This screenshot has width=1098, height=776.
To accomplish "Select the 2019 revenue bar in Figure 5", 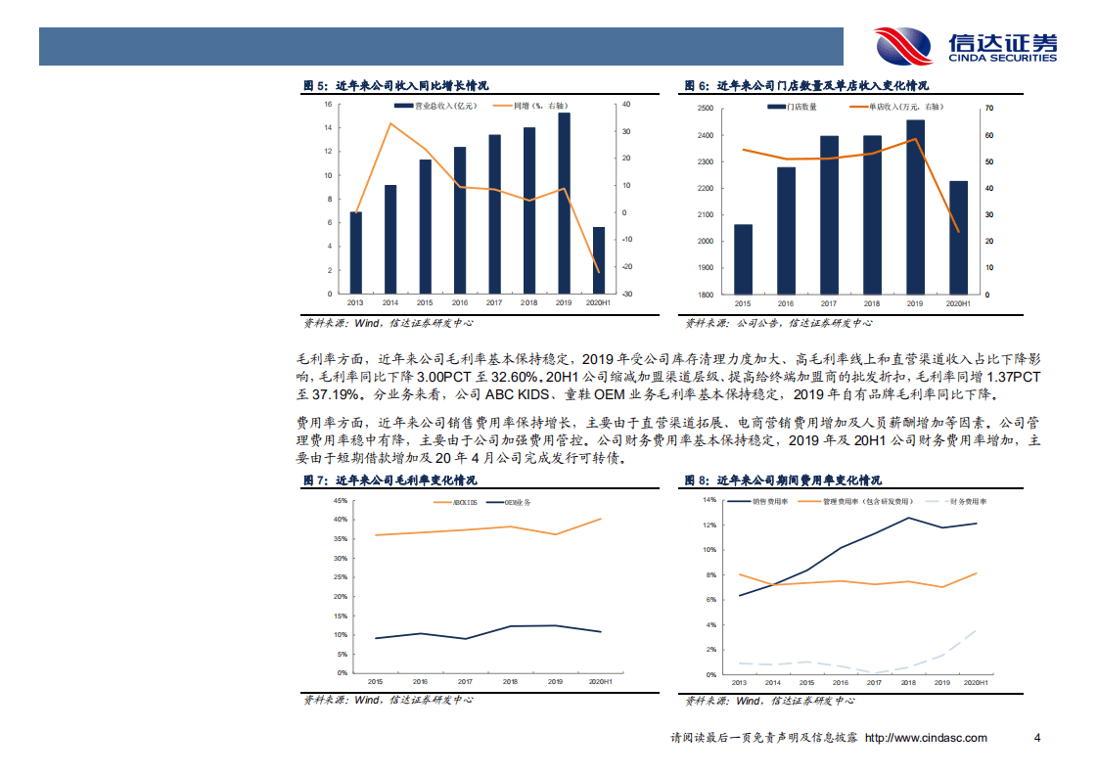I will point(564,203).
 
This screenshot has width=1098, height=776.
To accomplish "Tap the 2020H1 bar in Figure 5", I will point(599,260).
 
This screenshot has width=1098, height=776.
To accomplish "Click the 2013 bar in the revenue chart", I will point(355,252).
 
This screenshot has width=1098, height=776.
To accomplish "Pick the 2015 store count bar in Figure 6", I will point(743,259).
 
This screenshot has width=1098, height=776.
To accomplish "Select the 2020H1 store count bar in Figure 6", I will point(958,238).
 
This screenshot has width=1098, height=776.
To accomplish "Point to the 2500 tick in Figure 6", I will point(705,109).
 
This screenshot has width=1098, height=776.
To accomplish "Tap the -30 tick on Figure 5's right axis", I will point(625,295).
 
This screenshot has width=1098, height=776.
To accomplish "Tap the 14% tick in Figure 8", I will point(709,500).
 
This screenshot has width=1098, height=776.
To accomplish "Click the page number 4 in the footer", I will point(1037,738).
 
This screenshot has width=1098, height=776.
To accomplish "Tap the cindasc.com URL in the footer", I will point(926,738).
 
